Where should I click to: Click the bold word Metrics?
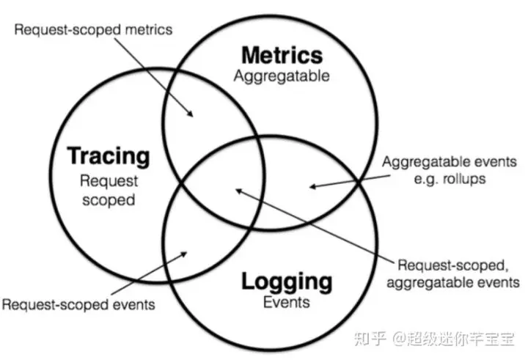pos(282,54)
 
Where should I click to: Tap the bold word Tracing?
pos(109,155)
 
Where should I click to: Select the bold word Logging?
pos(286,281)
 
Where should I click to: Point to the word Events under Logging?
pos(286,301)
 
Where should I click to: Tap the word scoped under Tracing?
pos(109,198)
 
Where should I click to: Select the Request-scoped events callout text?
pos(79,304)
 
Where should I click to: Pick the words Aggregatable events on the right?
pos(449,162)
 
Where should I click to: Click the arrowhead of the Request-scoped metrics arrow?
pos(192,114)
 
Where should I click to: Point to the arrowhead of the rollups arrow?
pos(311,186)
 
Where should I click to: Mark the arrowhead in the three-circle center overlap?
pos(236,191)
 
